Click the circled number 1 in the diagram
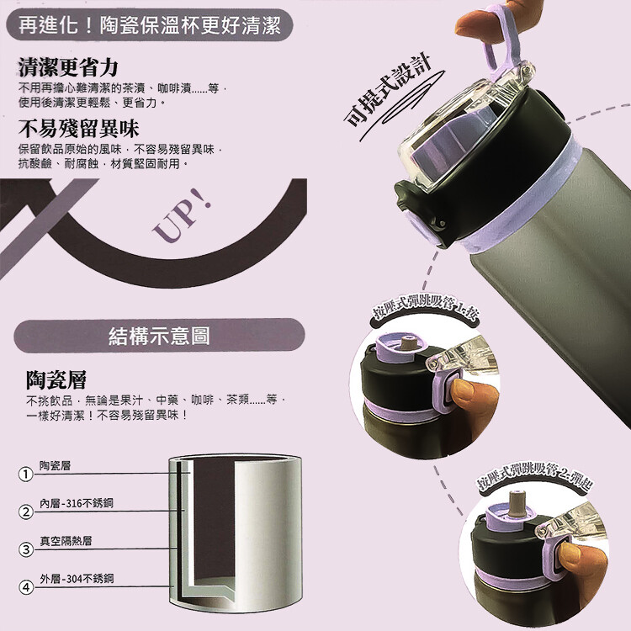coord(25,474)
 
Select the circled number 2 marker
coord(26,512)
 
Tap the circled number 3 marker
coord(26,549)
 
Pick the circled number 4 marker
coord(26,587)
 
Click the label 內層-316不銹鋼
coord(77,503)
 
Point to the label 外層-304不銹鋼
coord(77,579)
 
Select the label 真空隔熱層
coord(66,541)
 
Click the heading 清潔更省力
coord(68,66)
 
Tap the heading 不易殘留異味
coord(78,129)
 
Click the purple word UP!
coord(182,215)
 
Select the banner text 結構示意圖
coord(159,336)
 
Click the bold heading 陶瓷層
coord(56,380)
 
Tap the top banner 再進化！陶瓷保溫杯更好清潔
coord(150,25)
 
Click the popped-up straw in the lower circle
coord(515,503)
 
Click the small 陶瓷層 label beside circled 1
coord(56,465)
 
